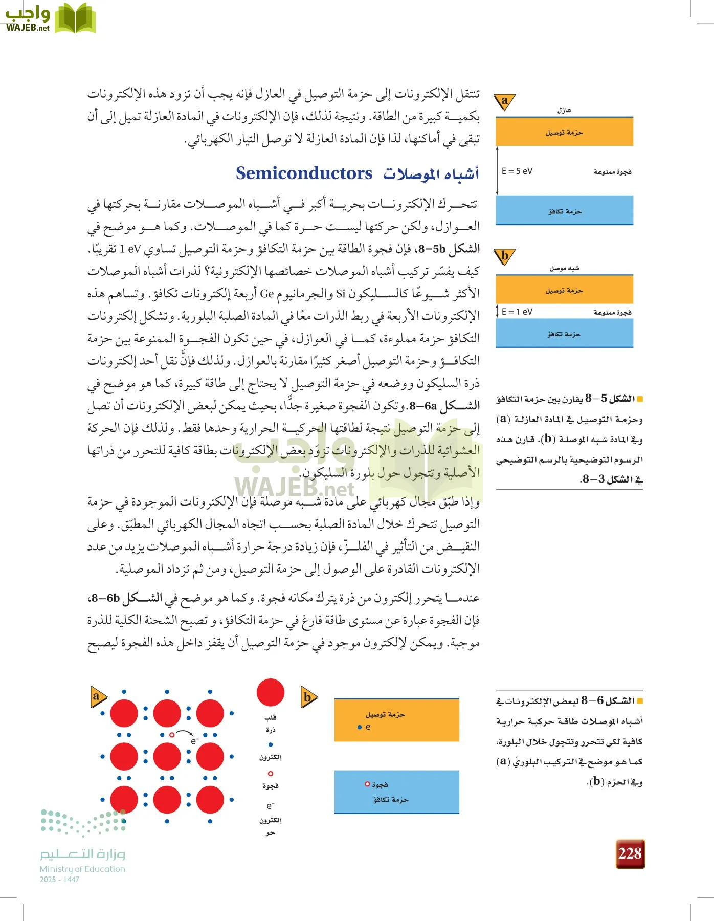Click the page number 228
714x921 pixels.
tap(630, 853)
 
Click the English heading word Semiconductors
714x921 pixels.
tap(304, 173)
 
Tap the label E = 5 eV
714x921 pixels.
tap(517, 171)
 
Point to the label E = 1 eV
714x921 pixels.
tap(517, 312)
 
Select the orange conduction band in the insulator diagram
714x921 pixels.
tap(564, 132)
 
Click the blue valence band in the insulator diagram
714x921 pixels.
tap(564, 210)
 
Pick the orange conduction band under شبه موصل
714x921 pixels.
tap(564, 290)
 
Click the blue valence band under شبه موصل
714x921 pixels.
tap(564, 334)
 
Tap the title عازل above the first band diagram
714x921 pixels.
tap(564, 110)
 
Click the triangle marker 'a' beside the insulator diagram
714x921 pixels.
tap(505, 101)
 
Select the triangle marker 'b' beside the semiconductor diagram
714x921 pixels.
tap(505, 256)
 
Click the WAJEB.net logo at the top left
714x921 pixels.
tap(50, 18)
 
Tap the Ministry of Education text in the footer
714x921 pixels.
tap(82, 869)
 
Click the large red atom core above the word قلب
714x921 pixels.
tap(270, 692)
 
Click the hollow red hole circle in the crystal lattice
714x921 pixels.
tap(172, 735)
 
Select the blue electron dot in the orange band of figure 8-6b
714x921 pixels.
tap(360, 727)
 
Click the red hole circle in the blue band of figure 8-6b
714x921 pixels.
tap(367, 784)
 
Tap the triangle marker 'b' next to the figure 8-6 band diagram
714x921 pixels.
tap(308, 697)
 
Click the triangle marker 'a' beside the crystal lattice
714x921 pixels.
tap(97, 696)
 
